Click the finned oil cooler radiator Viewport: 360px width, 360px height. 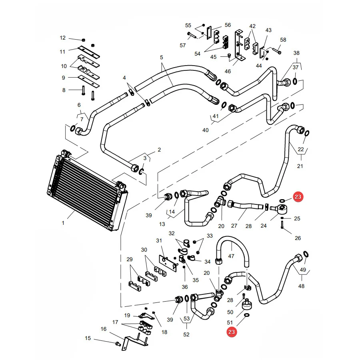(x=87, y=190)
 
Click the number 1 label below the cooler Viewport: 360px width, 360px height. (x=63, y=223)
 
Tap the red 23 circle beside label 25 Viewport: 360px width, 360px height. (x=298, y=197)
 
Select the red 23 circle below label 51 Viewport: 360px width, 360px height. (x=232, y=332)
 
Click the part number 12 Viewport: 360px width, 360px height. (x=63, y=38)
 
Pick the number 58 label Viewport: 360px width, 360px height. (x=283, y=40)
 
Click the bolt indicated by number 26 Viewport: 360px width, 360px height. (x=282, y=224)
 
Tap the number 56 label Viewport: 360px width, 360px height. (x=228, y=25)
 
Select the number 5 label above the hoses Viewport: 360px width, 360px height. (x=162, y=57)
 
